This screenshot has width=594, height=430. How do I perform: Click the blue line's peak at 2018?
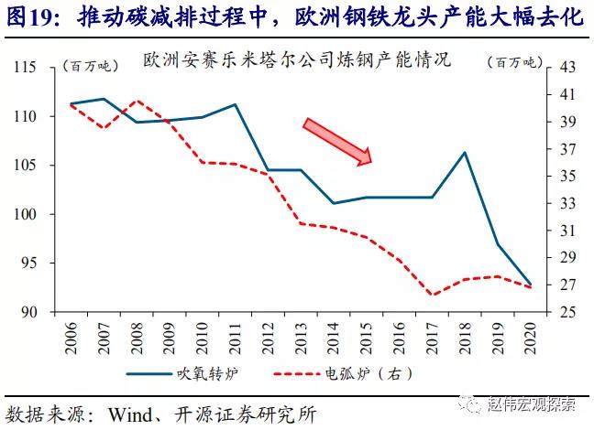[465, 152]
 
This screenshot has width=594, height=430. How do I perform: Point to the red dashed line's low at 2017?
[432, 296]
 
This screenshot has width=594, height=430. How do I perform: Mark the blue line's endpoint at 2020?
[530, 285]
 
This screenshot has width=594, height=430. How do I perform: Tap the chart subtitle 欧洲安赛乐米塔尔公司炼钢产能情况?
[298, 62]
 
